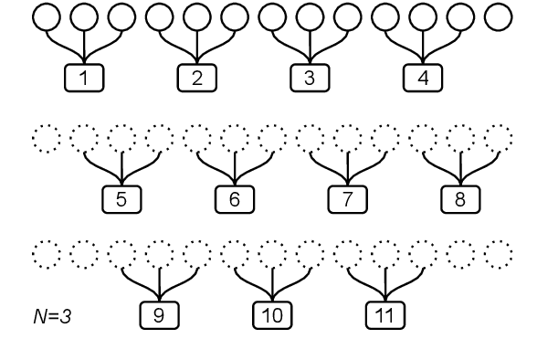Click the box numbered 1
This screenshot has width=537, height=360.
click(x=85, y=78)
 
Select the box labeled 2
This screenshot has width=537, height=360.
click(x=197, y=78)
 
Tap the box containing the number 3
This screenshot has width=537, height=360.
click(x=310, y=78)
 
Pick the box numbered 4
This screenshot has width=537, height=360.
click(x=422, y=78)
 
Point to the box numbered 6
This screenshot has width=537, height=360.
click(x=235, y=196)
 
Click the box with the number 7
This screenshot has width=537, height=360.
click(x=347, y=196)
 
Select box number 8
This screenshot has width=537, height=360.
click(x=459, y=196)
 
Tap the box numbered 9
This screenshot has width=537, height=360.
click(x=160, y=315)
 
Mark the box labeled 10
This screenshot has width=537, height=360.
click(x=272, y=315)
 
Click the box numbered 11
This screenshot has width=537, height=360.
click(x=384, y=315)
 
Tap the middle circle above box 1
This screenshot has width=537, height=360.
click(x=85, y=17)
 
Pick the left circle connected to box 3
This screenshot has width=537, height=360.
click(x=272, y=17)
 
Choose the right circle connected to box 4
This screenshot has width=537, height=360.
click(x=459, y=17)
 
